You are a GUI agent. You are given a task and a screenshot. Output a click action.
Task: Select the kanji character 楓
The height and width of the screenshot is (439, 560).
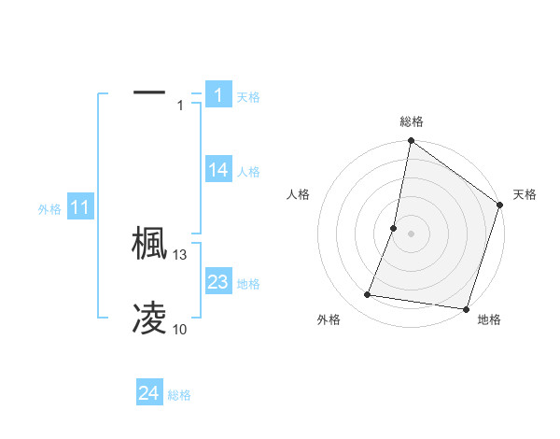(x=149, y=244)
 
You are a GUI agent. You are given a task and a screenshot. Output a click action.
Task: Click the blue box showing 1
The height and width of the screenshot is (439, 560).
(x=217, y=95)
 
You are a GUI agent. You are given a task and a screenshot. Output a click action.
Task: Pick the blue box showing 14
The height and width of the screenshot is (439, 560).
(x=218, y=170)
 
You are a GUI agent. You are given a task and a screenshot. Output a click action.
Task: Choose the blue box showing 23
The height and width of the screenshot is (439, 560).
(x=218, y=282)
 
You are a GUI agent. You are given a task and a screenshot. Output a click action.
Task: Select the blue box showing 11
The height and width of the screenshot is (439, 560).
(x=79, y=208)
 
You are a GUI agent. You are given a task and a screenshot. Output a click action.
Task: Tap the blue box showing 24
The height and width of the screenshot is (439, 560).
(x=149, y=393)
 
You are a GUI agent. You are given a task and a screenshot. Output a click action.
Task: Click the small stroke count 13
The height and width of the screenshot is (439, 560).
(x=180, y=255)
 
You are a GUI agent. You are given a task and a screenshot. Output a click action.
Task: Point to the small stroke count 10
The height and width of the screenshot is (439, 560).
(x=180, y=330)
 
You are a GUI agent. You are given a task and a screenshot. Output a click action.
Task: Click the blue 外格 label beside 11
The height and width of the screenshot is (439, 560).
(x=49, y=209)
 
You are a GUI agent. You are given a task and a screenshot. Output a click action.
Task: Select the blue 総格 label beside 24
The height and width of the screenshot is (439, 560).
(x=179, y=395)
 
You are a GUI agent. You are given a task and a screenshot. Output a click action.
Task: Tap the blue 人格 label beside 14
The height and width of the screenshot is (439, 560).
(x=248, y=172)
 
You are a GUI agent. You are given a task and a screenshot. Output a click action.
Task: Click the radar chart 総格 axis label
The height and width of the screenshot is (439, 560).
(x=411, y=121)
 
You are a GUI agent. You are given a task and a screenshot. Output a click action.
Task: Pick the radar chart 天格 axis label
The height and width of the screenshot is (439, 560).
(x=525, y=194)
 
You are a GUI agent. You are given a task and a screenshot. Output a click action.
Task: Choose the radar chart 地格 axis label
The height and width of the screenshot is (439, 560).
(x=489, y=319)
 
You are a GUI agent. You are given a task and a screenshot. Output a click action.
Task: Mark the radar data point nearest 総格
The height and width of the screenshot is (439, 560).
(x=411, y=142)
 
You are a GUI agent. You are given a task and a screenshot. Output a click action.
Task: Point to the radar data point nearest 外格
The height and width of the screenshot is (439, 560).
(x=368, y=295)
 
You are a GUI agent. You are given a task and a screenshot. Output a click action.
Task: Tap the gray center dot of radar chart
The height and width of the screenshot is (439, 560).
(x=411, y=233)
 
